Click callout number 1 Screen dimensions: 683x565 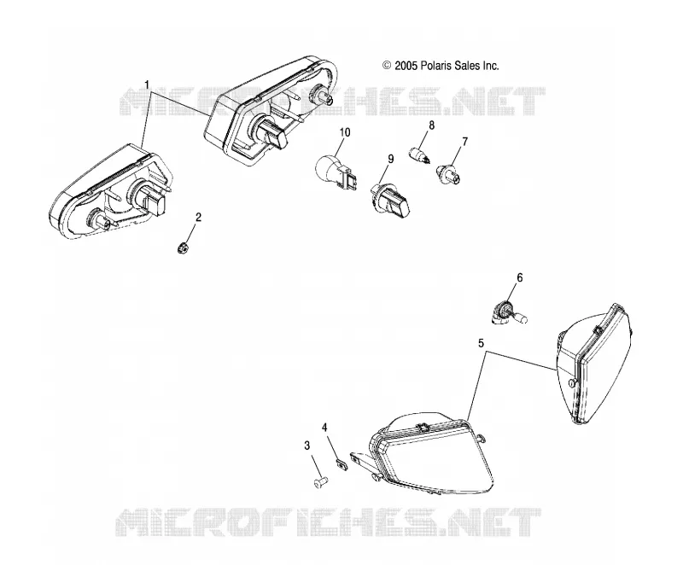pyautogui.click(x=147, y=84)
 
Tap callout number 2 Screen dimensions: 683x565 pyautogui.click(x=199, y=217)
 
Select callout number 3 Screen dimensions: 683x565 pyautogui.click(x=307, y=446)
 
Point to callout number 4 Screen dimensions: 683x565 pyautogui.click(x=325, y=428)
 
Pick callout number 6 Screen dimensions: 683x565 pyautogui.click(x=520, y=277)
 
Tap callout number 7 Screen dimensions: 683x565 pyautogui.click(x=464, y=142)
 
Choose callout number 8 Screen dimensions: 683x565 pyautogui.click(x=432, y=125)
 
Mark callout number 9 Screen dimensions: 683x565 pyautogui.click(x=391, y=159)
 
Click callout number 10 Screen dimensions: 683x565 pyautogui.click(x=345, y=132)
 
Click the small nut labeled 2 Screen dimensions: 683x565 pyautogui.click(x=184, y=248)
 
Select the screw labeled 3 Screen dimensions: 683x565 pyautogui.click(x=321, y=482)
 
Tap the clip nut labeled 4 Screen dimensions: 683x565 pyautogui.click(x=341, y=461)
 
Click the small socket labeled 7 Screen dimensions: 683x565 pyautogui.click(x=447, y=173)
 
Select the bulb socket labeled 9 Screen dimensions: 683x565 pyautogui.click(x=389, y=199)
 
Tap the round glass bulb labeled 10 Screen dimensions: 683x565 pyautogui.click(x=336, y=172)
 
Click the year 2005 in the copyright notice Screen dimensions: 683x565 pyautogui.click(x=406, y=66)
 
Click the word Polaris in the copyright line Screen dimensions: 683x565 pyautogui.click(x=436, y=66)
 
